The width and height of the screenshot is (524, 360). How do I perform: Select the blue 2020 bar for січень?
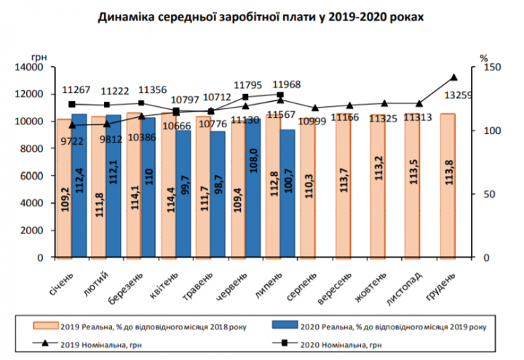pyautogui.click(x=79, y=185)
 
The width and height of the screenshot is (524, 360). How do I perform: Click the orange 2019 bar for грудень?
pyautogui.click(x=448, y=185)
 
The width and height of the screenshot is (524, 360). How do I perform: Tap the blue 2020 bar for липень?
pyautogui.click(x=287, y=193)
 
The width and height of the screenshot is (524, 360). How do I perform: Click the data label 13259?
pyautogui.click(x=465, y=95)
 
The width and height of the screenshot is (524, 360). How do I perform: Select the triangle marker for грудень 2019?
pyautogui.click(x=454, y=77)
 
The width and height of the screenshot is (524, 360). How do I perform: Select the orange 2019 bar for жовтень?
pyautogui.click(x=378, y=185)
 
